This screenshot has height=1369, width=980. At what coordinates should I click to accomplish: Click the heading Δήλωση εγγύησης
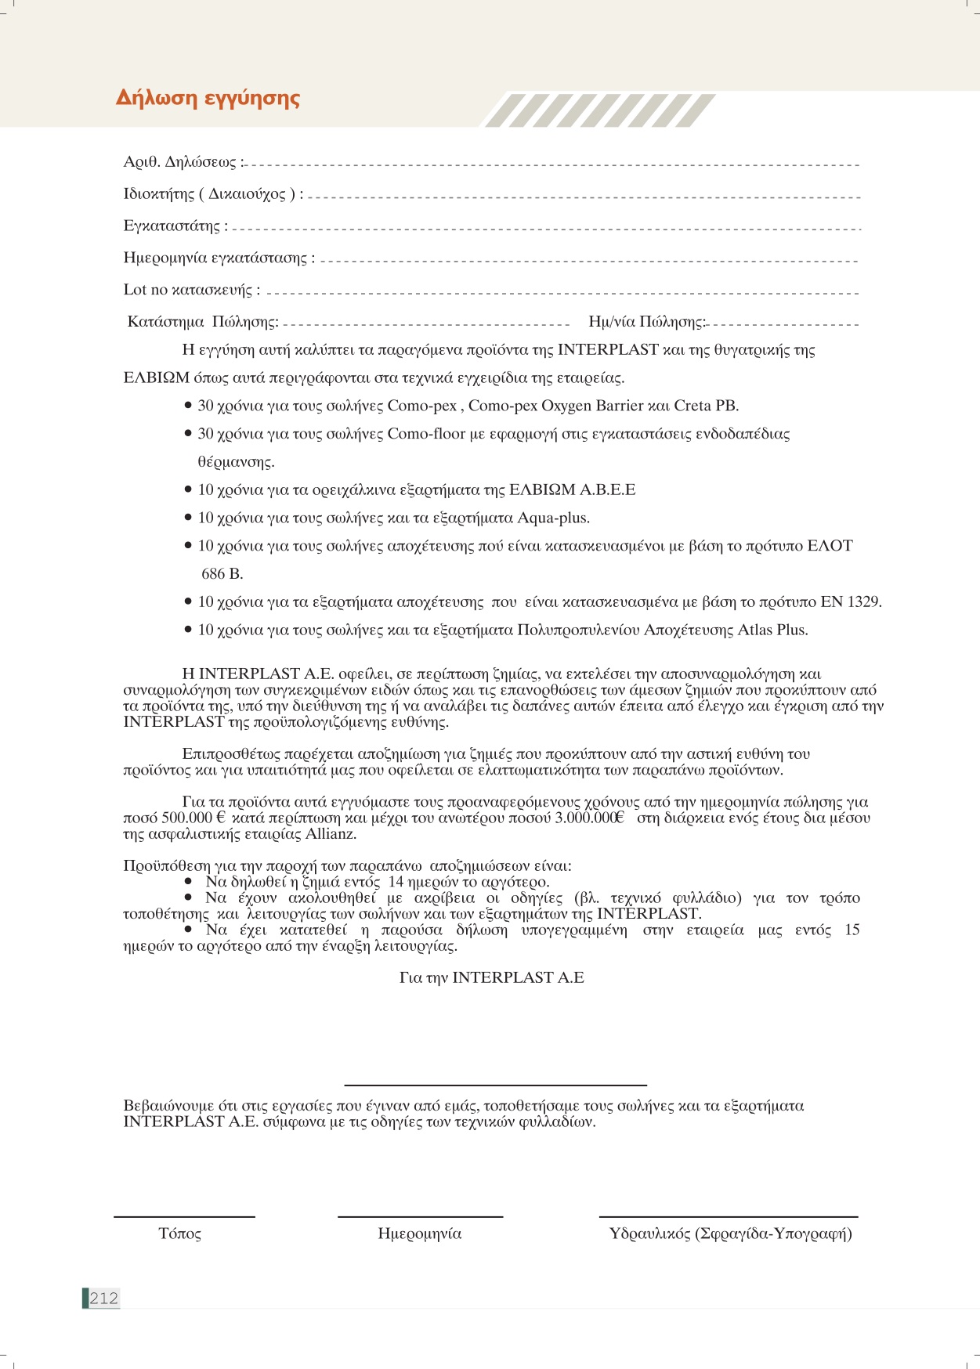(x=208, y=99)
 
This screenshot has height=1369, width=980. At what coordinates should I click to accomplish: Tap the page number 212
(x=103, y=1298)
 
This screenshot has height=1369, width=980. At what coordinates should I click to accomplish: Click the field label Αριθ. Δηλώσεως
(x=183, y=162)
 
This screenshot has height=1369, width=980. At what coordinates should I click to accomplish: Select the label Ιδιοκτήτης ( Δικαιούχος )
(x=212, y=194)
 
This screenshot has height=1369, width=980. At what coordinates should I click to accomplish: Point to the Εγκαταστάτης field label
(x=175, y=226)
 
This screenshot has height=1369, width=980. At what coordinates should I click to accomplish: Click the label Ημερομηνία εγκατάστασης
(x=219, y=258)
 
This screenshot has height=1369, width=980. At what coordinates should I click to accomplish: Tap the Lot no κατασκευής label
(x=191, y=290)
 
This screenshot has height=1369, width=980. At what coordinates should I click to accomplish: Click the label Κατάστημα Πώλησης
(x=203, y=322)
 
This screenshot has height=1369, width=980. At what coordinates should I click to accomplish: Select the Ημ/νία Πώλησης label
(x=646, y=322)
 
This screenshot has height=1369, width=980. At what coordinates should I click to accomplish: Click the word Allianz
(x=331, y=834)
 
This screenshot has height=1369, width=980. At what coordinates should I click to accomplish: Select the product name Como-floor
(x=426, y=434)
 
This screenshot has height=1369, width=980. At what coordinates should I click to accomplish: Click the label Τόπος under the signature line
(x=179, y=1234)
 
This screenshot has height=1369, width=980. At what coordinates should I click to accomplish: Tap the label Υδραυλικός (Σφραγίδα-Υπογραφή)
(x=730, y=1234)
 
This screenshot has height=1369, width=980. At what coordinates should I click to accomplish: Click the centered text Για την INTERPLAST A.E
(x=491, y=978)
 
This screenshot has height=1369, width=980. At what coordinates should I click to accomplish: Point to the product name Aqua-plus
(x=553, y=518)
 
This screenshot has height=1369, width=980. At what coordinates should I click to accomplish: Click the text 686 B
(x=222, y=574)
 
